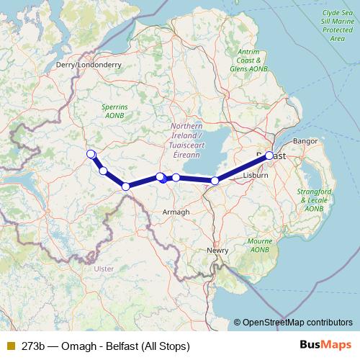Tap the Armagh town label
point(176,212)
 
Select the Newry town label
point(217,250)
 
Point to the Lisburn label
point(255,175)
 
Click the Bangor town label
point(305,140)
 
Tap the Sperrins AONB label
point(110,111)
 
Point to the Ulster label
point(104,268)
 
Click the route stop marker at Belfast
point(269,156)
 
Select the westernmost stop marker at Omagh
point(91,154)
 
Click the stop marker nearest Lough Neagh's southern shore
point(215,181)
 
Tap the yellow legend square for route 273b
point(11,346)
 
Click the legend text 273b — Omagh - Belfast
point(105,346)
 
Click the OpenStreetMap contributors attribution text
point(297,323)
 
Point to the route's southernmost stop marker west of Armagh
point(126,186)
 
